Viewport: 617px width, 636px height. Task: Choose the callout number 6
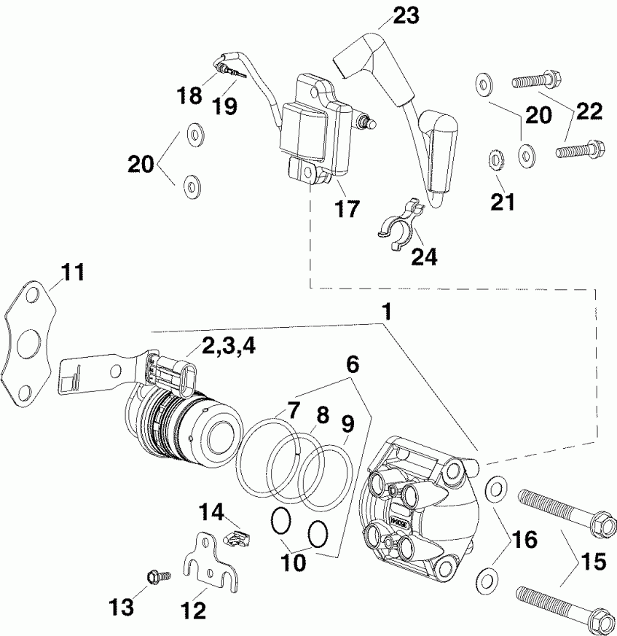352,364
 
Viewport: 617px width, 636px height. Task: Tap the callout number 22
589,111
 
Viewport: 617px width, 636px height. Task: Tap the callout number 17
347,209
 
